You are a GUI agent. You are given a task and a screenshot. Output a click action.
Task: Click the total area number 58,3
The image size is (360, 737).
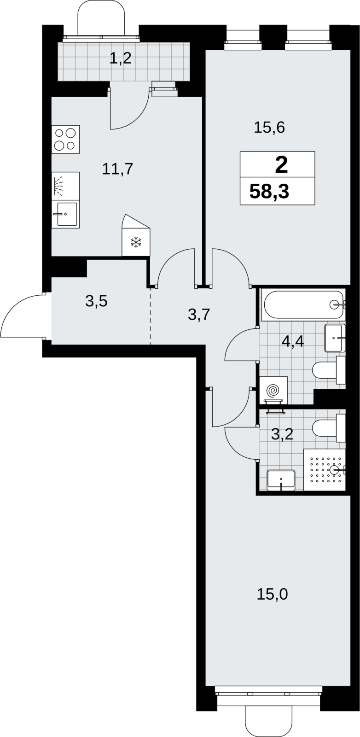269,192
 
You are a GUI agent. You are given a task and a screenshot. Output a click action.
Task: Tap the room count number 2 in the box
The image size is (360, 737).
281,165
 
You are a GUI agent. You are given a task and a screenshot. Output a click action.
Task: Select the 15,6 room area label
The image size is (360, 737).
269,127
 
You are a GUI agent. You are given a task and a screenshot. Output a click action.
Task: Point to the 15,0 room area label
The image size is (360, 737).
272,595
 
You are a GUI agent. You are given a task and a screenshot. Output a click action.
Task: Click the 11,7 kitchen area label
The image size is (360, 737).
117,169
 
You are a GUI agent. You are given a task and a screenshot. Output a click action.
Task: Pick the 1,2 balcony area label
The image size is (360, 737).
120,58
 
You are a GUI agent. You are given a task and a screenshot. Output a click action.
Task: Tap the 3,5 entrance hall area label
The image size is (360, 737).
96,301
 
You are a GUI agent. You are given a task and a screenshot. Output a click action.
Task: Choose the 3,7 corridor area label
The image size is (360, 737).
199,315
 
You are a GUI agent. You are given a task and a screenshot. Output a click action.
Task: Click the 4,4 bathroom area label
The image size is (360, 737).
293,341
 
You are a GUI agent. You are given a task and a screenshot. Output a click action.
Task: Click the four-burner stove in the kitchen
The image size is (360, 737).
66,139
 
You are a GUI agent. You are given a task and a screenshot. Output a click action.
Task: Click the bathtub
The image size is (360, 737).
303,304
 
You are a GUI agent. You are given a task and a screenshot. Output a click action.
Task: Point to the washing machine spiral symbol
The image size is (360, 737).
273,391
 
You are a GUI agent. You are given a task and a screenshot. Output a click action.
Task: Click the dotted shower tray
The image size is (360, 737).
325,470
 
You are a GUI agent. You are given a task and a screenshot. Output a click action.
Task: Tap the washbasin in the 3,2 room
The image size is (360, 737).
281,480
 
